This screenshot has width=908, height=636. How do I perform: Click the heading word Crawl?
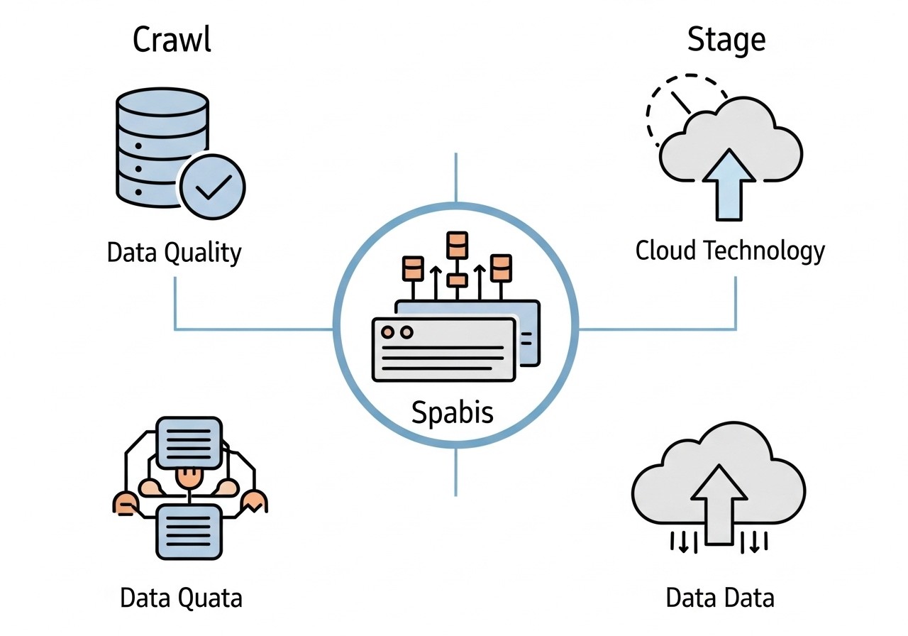pos(172,40)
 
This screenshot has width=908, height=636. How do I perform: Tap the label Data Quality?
pos(174,253)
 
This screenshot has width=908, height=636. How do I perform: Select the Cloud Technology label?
pos(730,251)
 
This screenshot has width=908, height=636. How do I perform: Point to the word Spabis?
pos(453,412)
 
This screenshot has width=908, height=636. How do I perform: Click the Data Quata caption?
pos(181,598)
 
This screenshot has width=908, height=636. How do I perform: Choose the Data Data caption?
pos(719,598)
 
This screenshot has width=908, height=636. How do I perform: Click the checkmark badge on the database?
pos(212,187)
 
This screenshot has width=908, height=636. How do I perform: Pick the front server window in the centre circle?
pos(443,350)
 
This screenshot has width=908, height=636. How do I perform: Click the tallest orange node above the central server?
pos(457,245)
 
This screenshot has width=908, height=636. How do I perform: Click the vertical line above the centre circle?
pos(455,177)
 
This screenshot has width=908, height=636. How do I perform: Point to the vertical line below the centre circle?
pos(455,471)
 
